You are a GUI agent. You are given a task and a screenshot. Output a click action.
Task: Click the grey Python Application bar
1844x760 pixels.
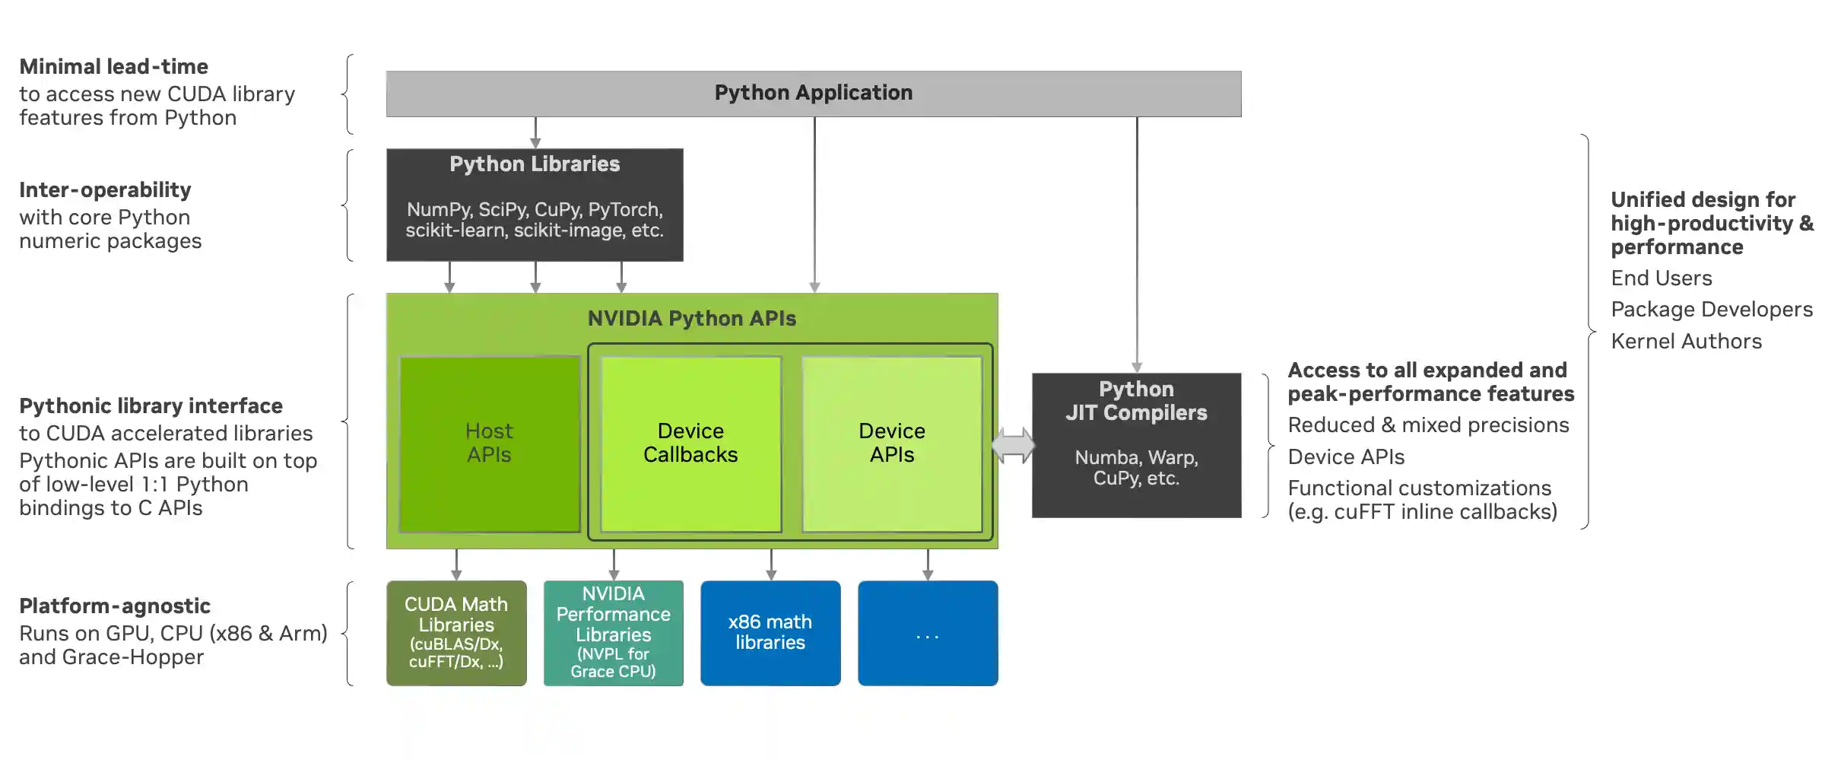pyautogui.click(x=813, y=94)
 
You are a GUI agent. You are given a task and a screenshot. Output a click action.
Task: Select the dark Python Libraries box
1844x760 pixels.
pyautogui.click(x=535, y=204)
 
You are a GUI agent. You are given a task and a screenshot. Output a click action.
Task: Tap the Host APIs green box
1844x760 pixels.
pyautogui.click(x=489, y=444)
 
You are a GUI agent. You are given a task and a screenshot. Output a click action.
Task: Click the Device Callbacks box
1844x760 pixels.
pyautogui.click(x=690, y=444)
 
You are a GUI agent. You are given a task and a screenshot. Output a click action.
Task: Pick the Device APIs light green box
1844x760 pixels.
pyautogui.click(x=892, y=444)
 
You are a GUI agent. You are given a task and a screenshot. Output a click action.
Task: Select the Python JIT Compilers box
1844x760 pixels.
pyautogui.click(x=1136, y=445)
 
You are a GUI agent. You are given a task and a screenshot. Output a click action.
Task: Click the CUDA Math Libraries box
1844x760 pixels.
pyautogui.click(x=456, y=633)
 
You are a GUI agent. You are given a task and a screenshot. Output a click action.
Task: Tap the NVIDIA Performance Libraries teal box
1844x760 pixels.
pyautogui.click(x=613, y=633)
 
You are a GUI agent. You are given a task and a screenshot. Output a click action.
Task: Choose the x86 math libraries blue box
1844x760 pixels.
pyautogui.click(x=770, y=633)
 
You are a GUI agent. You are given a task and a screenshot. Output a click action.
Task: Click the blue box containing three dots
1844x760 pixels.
pyautogui.click(x=928, y=633)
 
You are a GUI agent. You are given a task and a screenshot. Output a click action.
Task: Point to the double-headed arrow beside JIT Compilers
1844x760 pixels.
pyautogui.click(x=1014, y=445)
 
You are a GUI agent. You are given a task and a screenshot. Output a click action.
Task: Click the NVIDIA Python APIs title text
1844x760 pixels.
pyautogui.click(x=691, y=319)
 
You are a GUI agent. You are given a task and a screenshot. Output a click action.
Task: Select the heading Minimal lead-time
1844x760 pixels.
pyautogui.click(x=113, y=67)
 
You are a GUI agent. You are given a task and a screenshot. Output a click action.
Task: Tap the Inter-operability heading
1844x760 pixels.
pyautogui.click(x=105, y=190)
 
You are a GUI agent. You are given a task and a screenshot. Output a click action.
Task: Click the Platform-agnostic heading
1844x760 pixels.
pyautogui.click(x=115, y=606)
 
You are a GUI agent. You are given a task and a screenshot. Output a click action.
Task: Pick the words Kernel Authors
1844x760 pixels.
pyautogui.click(x=1686, y=342)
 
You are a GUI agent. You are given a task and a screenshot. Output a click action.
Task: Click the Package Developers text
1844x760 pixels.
pyautogui.click(x=1711, y=310)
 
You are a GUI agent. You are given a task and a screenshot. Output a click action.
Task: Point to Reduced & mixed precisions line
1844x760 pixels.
pyautogui.click(x=1428, y=425)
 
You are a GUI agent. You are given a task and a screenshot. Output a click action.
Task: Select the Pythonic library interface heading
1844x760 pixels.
pyautogui.click(x=151, y=406)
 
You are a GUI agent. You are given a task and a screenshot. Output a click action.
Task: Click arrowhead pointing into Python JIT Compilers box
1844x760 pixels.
pyautogui.click(x=1137, y=367)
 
